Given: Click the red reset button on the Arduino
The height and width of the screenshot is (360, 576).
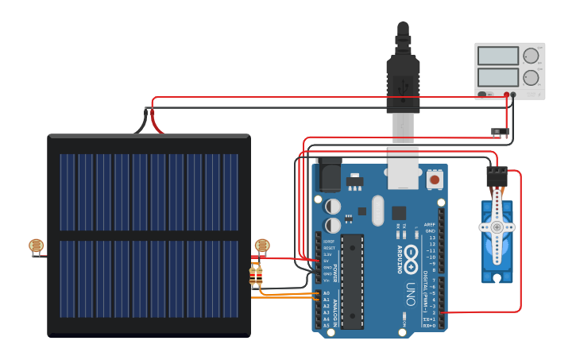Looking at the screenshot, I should point(434,180).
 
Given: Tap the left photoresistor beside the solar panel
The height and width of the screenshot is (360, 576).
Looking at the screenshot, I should point(36,246).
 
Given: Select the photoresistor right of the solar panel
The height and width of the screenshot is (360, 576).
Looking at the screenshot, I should point(261,246).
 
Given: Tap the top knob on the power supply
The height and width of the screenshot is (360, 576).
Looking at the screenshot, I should point(530,56).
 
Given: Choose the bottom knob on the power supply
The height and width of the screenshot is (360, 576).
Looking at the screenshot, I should point(530,78).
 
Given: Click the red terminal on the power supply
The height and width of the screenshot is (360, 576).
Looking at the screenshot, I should point(505,95).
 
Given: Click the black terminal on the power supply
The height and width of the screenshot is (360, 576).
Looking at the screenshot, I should point(513,95).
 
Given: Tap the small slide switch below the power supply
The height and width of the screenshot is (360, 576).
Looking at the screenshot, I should point(501,130).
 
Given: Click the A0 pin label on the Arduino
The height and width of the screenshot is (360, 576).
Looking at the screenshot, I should point(326,293).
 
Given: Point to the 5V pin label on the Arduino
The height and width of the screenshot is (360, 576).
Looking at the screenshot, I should point(326,261).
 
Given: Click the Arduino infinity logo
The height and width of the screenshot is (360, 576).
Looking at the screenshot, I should point(411,256).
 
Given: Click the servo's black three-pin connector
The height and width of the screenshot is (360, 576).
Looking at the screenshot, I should point(497,174).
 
